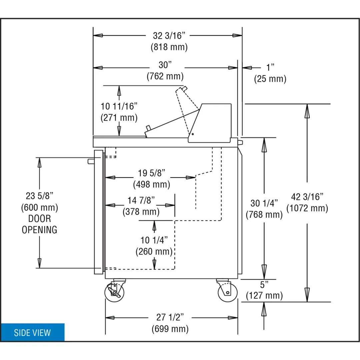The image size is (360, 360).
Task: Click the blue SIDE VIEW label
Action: click(x=32, y=332)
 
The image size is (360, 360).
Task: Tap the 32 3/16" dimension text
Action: click(x=169, y=36)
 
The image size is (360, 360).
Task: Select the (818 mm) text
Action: click(x=169, y=47)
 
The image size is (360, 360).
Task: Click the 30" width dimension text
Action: click(x=165, y=65)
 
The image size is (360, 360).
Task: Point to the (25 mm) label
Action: click(x=270, y=79)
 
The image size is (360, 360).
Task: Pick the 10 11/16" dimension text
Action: click(x=119, y=106)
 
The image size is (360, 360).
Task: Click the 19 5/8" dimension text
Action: click(x=152, y=173)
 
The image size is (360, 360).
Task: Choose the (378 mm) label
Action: click(x=141, y=212)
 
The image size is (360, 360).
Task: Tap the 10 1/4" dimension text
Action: click(x=154, y=240)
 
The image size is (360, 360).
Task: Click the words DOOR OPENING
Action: click(x=39, y=224)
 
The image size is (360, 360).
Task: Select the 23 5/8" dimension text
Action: click(x=39, y=196)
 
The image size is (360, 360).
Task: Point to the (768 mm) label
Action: click(x=264, y=215)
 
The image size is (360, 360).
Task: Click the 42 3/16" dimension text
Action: click(x=307, y=197)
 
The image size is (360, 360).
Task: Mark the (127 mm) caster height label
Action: click(x=264, y=295)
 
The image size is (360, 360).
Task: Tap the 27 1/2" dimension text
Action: click(x=170, y=317)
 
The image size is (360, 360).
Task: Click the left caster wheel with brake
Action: click(x=115, y=292)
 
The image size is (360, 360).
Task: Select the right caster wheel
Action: click(x=227, y=292)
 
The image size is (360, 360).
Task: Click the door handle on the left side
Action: click(x=91, y=162)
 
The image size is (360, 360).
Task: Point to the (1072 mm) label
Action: click(x=307, y=208)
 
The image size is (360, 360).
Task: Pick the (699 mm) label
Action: click(x=170, y=329)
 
